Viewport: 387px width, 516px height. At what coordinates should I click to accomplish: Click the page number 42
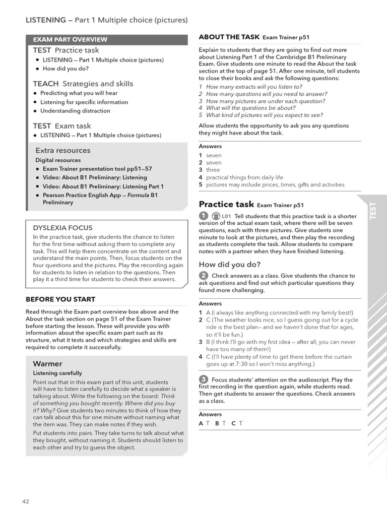25,501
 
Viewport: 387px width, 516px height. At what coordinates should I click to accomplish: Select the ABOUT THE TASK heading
229,37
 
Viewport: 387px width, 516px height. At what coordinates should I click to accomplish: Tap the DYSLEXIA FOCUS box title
62,228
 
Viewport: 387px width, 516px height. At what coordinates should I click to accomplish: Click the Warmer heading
47,363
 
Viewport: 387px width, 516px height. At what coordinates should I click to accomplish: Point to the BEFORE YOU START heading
60,299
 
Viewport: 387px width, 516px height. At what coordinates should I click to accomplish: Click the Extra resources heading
63,150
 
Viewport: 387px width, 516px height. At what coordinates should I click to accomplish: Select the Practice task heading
226,204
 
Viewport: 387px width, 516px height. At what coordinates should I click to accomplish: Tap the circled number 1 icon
204,216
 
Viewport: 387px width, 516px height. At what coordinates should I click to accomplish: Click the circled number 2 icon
204,275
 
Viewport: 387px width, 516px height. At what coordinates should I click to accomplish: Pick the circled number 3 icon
204,379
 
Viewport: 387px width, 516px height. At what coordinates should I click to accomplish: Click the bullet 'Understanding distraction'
75,111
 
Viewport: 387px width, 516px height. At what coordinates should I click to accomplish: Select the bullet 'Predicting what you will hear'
79,93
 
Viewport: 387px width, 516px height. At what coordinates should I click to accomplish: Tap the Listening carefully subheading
57,373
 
